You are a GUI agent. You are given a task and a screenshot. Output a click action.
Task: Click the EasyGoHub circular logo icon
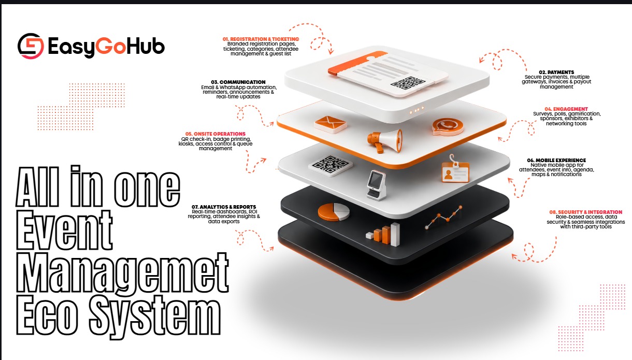coord(31,46)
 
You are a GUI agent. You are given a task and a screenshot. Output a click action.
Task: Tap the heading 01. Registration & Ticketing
coord(261,39)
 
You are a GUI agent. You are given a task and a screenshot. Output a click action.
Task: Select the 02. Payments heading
coord(556,72)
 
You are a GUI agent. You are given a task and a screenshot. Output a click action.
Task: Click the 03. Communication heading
coord(238,82)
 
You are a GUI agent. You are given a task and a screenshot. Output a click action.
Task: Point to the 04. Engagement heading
coord(566,109)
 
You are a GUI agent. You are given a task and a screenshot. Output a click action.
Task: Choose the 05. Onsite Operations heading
coord(216,134)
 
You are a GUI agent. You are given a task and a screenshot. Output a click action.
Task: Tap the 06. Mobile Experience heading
coord(556,160)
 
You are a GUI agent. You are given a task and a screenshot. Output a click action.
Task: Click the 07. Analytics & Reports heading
coord(224,207)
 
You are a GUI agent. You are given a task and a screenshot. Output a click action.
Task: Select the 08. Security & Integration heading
coord(585,212)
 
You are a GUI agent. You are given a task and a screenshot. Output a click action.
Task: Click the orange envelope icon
coord(331,124)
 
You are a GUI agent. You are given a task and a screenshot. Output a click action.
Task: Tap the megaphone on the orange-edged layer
coord(385,141)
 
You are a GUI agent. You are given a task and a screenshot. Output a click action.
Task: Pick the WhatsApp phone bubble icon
coord(448,127)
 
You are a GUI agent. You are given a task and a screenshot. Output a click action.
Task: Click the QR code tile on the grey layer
coord(330,166)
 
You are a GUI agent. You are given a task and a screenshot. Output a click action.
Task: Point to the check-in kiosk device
coord(377,185)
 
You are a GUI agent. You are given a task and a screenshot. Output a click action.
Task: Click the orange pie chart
coord(334,212)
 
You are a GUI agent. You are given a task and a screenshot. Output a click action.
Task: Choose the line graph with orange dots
coord(443,217)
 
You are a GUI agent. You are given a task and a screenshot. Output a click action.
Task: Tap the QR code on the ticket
coord(408,83)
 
